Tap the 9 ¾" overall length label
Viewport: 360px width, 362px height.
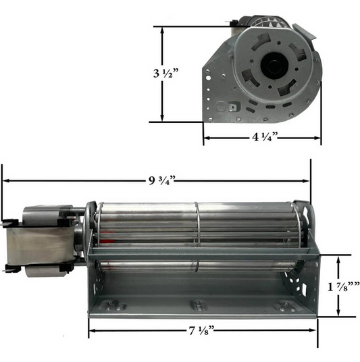coord(162,180)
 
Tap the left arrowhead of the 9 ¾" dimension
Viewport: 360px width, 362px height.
coord(5,180)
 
